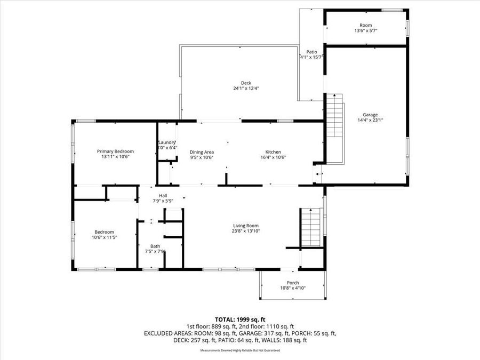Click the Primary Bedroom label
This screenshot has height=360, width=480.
click(x=115, y=151)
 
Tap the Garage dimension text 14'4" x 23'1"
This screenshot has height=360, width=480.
click(x=370, y=121)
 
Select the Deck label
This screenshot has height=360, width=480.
click(x=246, y=83)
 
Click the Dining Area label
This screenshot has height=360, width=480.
click(x=202, y=152)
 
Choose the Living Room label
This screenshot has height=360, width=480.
click(x=245, y=226)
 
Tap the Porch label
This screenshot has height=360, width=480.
click(x=293, y=283)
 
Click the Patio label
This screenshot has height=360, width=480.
click(x=311, y=52)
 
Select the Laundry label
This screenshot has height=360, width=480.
click(x=167, y=142)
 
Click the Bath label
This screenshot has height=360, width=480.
click(x=155, y=246)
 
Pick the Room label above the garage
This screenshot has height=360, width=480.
click(x=365, y=25)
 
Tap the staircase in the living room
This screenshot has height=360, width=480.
click(x=311, y=227)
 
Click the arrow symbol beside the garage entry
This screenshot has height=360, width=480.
click(x=318, y=174)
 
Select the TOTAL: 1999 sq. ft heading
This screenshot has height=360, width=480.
click(x=240, y=319)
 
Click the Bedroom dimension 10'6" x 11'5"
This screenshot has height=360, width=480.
click(x=105, y=237)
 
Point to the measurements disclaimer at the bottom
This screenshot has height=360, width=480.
click(x=240, y=350)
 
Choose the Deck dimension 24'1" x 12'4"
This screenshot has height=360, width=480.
click(x=246, y=88)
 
